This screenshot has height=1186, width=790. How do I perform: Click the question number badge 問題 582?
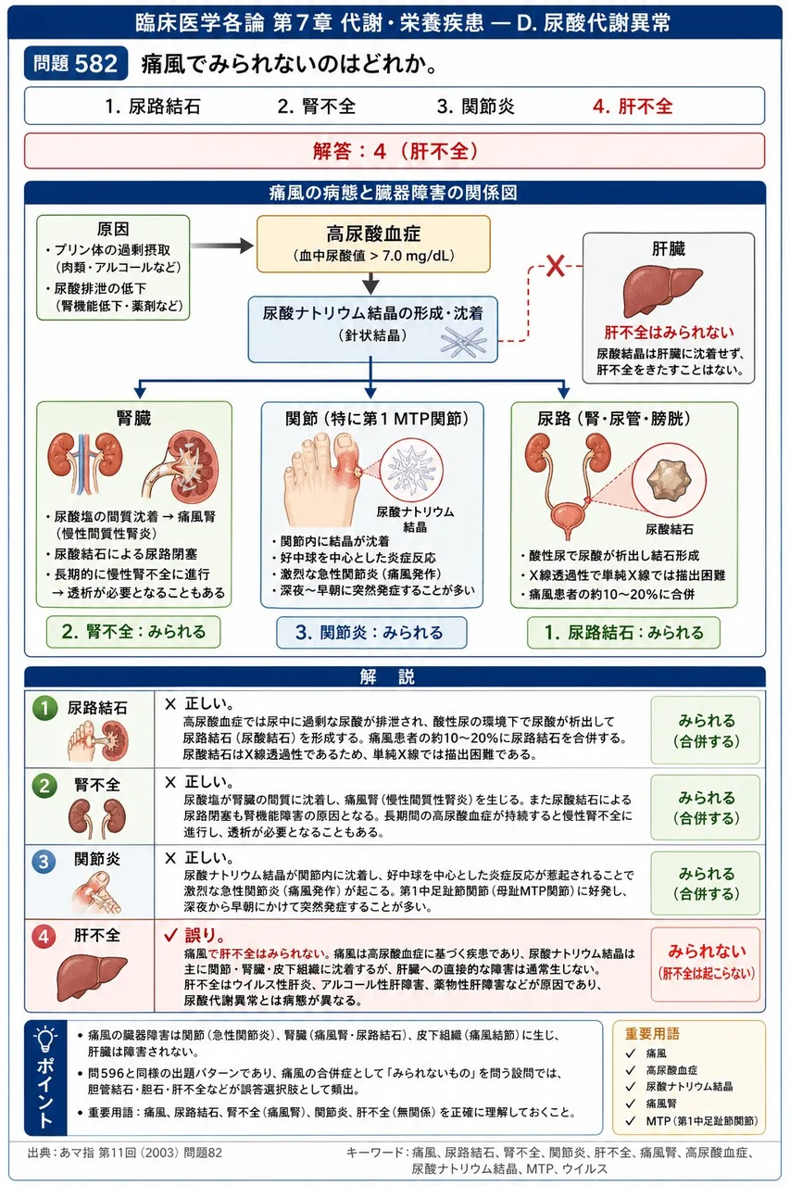pos(76,64)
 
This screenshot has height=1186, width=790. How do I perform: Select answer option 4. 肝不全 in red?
pos(633,107)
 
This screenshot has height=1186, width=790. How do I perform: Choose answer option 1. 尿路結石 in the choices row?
pos(153,107)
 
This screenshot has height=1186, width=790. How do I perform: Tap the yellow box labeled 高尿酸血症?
pos(373,244)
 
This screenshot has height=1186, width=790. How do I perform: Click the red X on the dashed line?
pos(555,266)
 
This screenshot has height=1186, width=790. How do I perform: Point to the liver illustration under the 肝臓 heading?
pos(662,291)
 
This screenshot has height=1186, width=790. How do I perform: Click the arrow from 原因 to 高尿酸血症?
pos(222,246)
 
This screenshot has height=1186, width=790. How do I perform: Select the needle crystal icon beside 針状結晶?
pos(463,342)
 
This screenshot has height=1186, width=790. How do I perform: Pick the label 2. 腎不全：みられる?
pos(133,632)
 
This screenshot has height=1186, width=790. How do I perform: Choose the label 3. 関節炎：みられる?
pos(371,632)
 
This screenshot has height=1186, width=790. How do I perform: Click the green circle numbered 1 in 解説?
pos(44,709)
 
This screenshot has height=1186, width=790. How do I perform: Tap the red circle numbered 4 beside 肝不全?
pos(44,937)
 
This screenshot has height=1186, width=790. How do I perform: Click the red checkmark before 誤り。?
pos(170,936)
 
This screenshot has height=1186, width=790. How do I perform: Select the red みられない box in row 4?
pos(706,964)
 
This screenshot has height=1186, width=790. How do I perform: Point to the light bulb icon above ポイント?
pos(45,1040)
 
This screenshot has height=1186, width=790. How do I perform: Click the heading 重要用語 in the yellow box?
pos(652,1033)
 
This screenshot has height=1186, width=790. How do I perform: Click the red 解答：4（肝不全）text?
pos(395,151)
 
